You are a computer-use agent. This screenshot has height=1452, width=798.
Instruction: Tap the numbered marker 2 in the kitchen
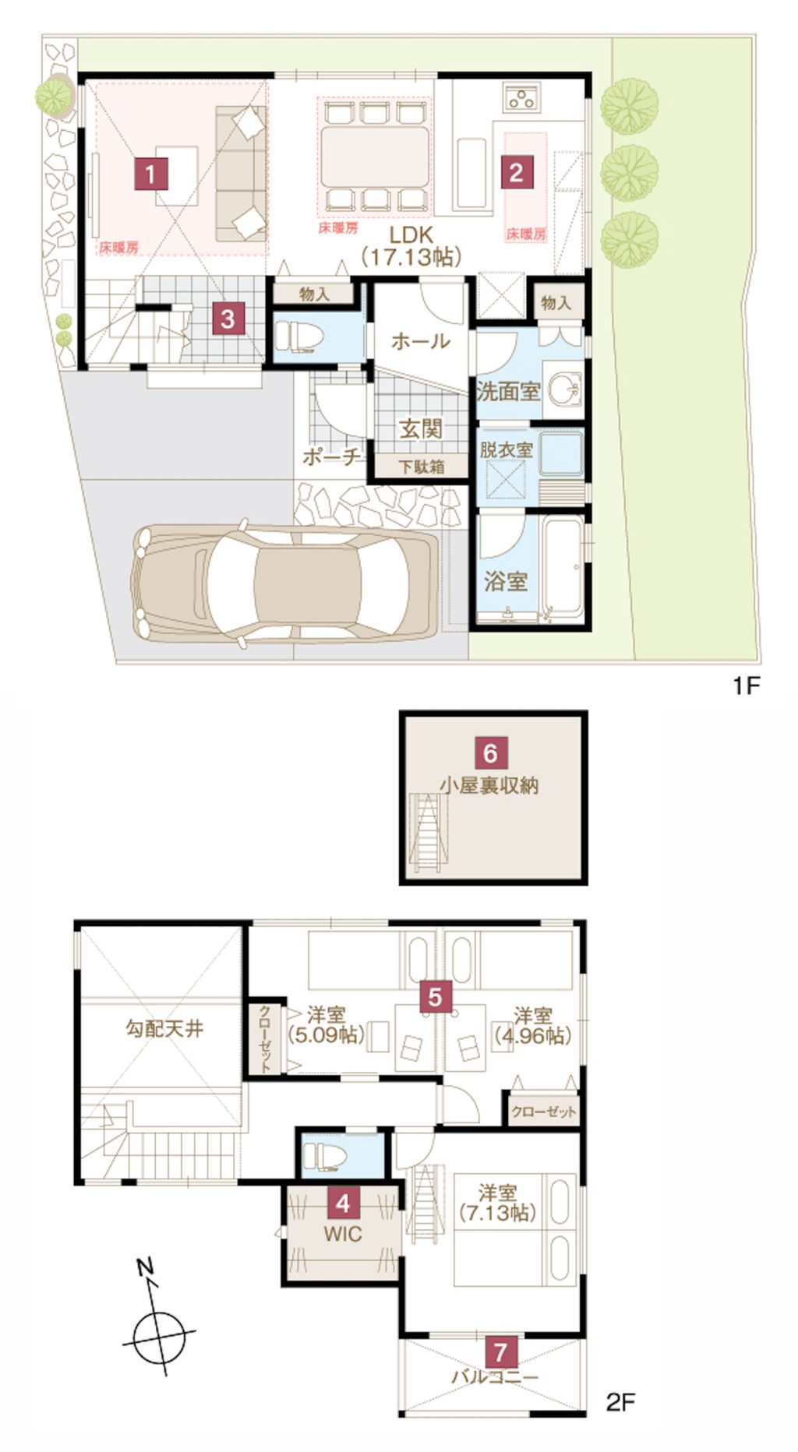516,172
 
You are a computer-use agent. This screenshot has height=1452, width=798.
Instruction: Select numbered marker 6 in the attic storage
490,753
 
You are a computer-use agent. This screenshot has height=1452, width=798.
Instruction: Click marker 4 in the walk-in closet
343,1204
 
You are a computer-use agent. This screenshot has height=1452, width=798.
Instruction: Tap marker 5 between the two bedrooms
435,996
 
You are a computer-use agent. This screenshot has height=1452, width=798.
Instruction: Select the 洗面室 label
508,391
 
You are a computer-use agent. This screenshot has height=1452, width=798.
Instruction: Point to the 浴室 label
505,581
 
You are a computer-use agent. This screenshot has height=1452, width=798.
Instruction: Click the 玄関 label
421,428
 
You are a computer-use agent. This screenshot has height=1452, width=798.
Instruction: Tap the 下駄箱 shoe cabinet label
422,467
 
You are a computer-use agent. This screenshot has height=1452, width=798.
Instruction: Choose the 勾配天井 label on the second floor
164,1029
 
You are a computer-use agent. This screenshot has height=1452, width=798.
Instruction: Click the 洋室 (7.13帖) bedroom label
497,1203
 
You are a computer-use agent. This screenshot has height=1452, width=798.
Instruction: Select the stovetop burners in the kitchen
520,97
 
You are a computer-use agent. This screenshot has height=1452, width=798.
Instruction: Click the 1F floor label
745,685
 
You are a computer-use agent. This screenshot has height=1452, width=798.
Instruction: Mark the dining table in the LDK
375,156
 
